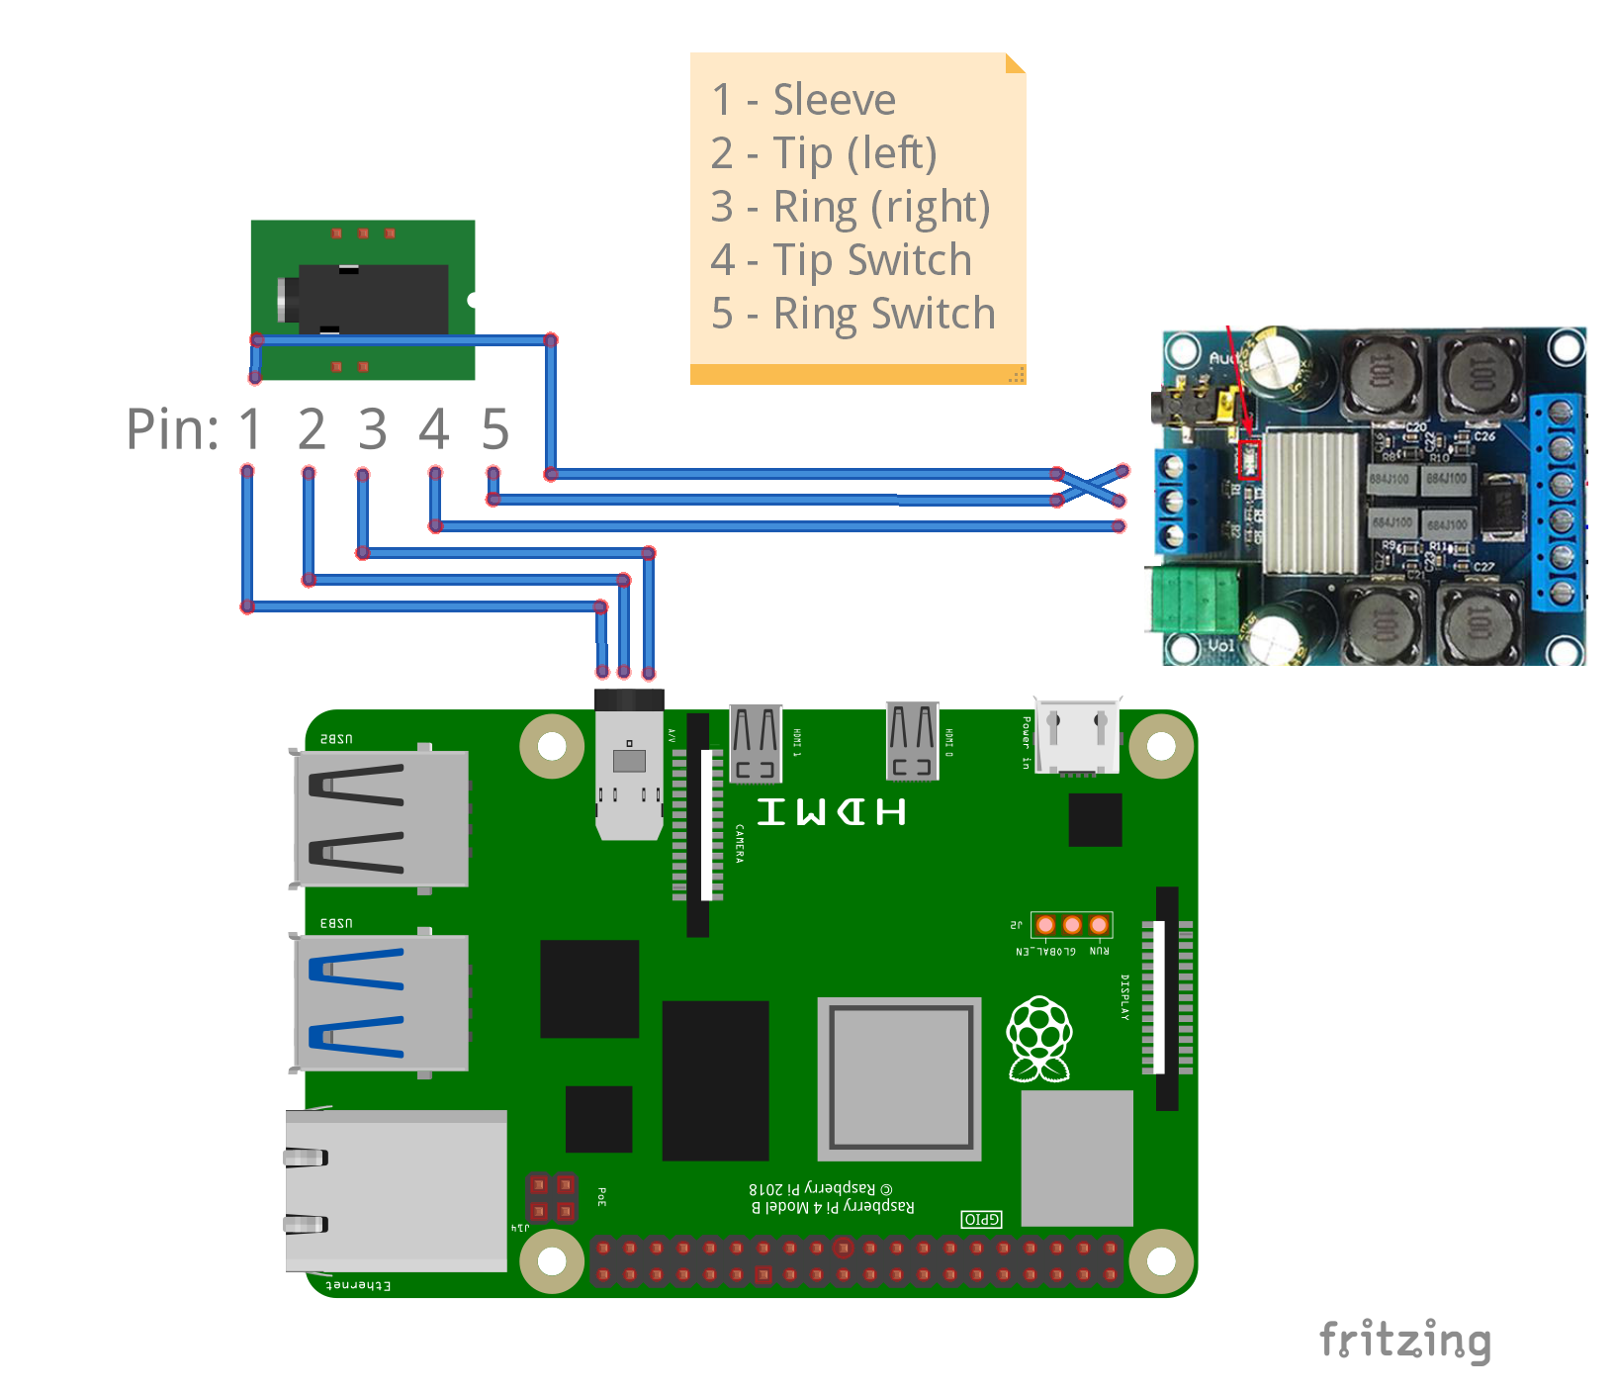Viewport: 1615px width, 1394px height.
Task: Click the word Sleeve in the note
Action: point(834,100)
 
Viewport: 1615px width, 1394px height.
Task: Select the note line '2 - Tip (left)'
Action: point(823,153)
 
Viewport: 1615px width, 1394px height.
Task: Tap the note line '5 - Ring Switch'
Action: point(852,314)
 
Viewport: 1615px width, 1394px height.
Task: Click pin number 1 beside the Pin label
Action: point(249,429)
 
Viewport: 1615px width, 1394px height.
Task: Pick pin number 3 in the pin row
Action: point(372,429)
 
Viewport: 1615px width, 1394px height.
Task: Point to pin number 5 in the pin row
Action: point(494,429)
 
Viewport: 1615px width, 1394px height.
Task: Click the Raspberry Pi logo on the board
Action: point(1038,1038)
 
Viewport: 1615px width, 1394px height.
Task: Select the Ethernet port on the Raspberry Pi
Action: point(396,1190)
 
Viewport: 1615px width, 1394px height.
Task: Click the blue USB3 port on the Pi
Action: point(381,1002)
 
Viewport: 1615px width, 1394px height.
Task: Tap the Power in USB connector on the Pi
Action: point(1077,737)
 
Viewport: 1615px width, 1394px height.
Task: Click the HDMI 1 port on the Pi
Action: point(756,742)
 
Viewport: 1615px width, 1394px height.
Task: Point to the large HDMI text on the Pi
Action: point(831,812)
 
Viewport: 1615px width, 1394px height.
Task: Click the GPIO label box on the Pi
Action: point(981,1219)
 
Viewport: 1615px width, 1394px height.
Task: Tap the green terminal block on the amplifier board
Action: point(1195,600)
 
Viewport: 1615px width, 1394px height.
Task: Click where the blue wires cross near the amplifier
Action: point(1090,485)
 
